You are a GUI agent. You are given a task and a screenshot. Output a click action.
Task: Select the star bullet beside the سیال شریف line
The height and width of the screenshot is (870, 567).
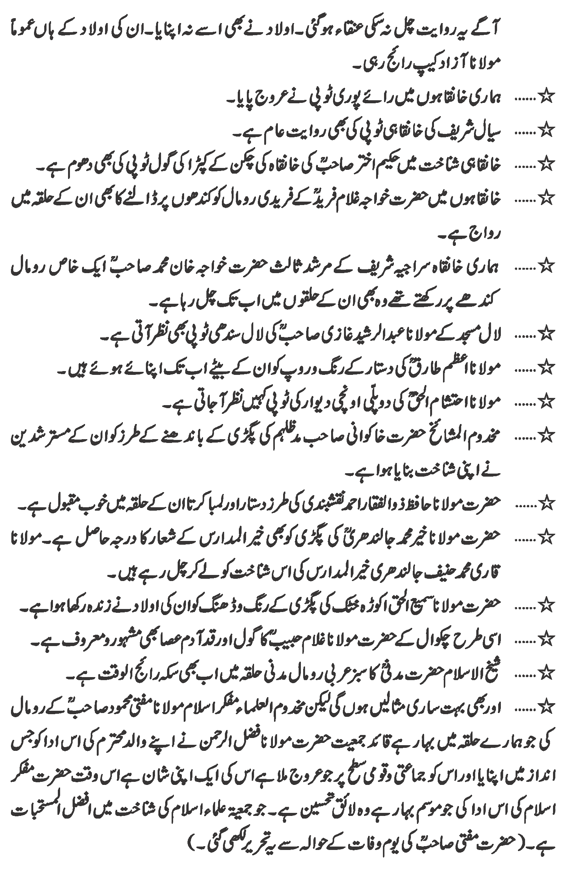coord(547,132)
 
